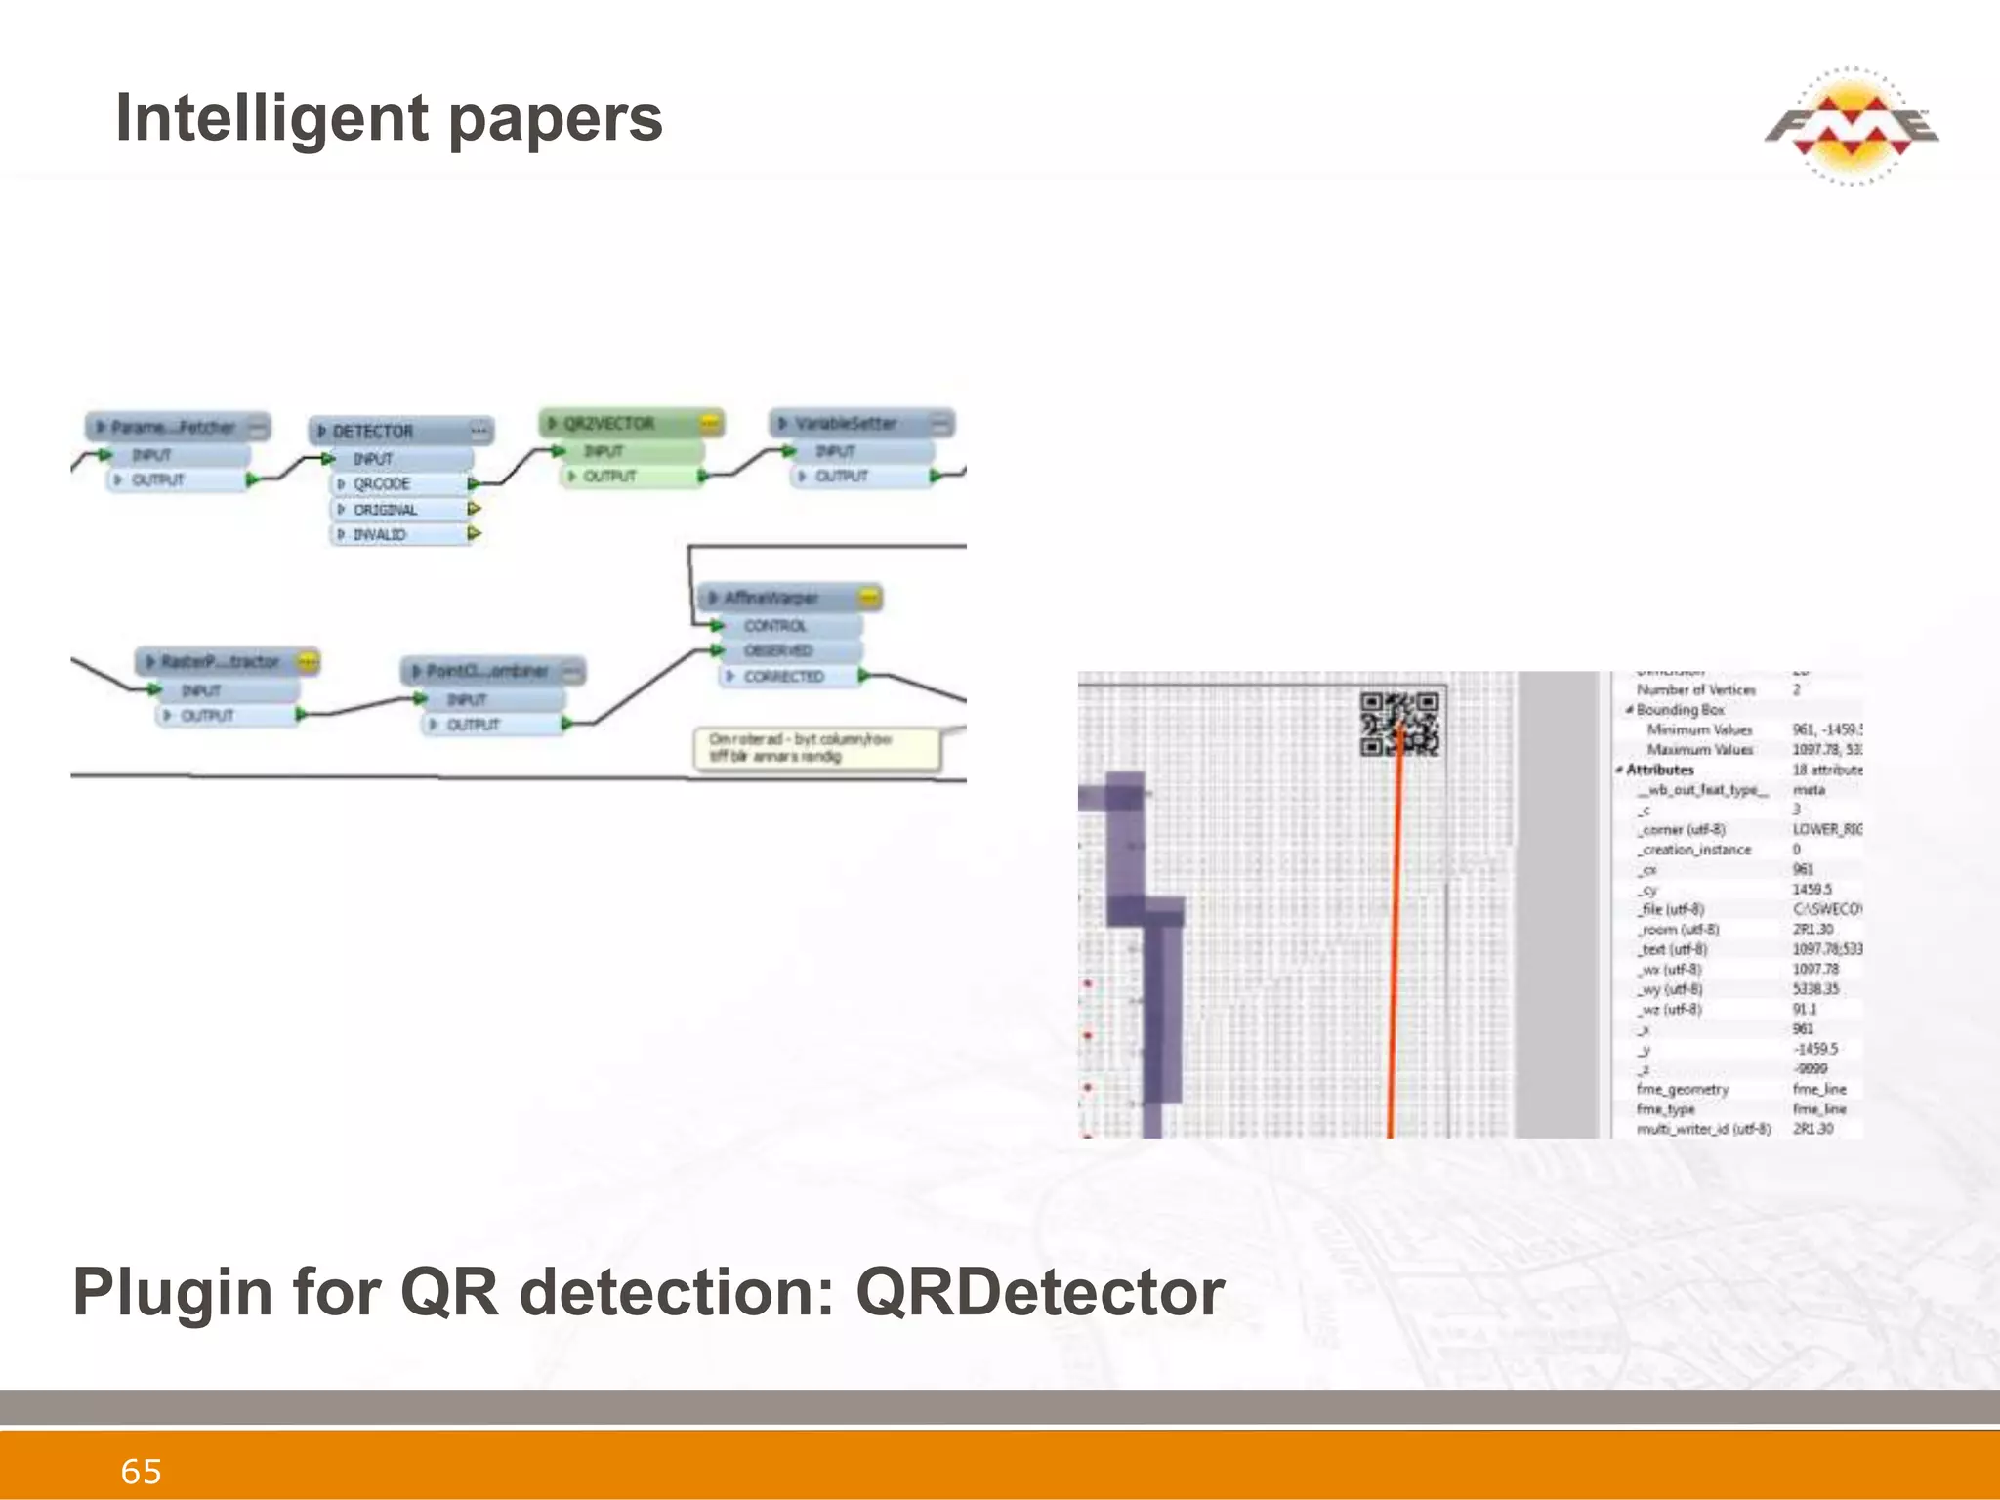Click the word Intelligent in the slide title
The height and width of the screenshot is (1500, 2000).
point(271,118)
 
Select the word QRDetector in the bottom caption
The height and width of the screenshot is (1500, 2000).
point(1040,1292)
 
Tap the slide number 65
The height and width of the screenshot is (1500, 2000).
point(141,1471)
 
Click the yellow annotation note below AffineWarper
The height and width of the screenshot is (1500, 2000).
point(816,748)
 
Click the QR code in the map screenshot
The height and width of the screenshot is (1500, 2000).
point(1400,724)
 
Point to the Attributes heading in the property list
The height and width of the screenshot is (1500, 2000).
point(1659,770)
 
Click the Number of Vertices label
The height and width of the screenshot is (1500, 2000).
point(1695,690)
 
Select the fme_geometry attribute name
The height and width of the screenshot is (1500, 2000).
point(1682,1089)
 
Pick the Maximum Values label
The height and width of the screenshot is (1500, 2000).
point(1699,750)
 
